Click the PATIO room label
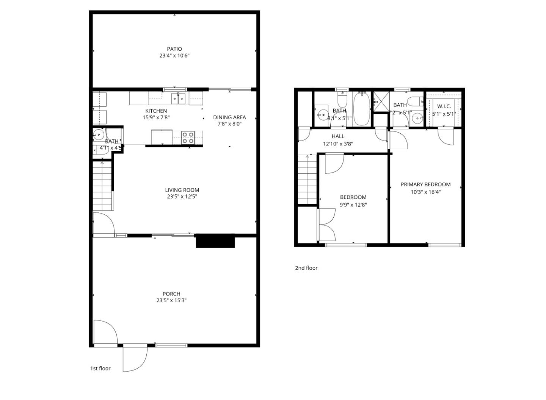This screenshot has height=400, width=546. coord(174,49)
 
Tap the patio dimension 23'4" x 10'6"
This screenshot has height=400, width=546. coord(174,56)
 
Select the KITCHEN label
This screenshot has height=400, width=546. coord(156,111)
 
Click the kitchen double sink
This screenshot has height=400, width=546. coord(178,99)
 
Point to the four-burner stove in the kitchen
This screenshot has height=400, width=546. coord(188,137)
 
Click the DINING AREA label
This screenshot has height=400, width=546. coord(229,117)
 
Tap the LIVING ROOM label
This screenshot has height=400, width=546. coord(182,190)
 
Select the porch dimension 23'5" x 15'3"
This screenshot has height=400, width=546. coord(171,300)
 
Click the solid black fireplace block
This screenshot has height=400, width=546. coord(215,241)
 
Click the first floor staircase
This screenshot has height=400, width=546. coord(103,186)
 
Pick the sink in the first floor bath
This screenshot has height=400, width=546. coord(99,134)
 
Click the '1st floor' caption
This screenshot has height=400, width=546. coord(100,368)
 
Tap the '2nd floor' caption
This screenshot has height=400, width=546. coord(306,268)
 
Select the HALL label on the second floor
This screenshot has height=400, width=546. coord(338,136)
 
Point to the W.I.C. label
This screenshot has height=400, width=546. coord(444,106)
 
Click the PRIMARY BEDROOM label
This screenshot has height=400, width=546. coord(426,184)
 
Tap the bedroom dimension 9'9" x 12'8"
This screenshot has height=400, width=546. coord(353,205)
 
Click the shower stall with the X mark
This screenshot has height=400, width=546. coord(381,102)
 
